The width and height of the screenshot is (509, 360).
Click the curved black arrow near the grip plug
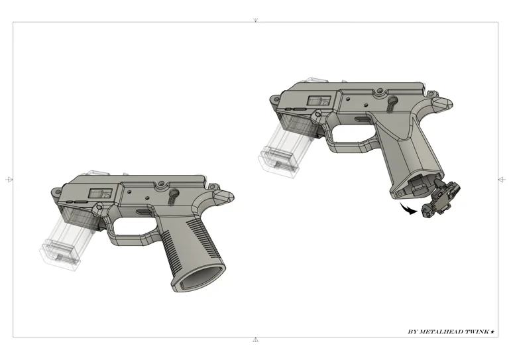pos(408,210)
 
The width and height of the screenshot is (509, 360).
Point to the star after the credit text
pos(492,331)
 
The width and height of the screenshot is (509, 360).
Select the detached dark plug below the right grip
pos(441,200)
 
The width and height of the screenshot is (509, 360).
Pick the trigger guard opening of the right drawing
pos(351,134)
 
